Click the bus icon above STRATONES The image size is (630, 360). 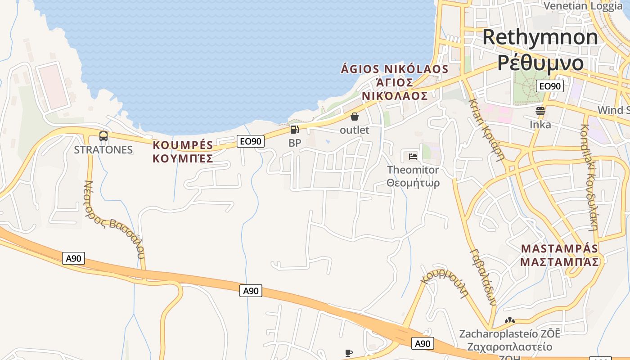pos(103,136)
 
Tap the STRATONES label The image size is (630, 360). pos(103,150)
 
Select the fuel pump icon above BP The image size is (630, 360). pos(294,130)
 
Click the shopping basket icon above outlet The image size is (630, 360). pos(355,117)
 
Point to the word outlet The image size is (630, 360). pos(355,130)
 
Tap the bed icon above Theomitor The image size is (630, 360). pos(413,157)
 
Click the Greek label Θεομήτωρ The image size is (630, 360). pos(413,183)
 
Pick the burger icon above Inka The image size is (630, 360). pos(540,111)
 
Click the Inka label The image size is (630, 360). pos(540,124)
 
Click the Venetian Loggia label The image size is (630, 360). pos(583,6)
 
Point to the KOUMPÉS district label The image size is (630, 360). pos(183,145)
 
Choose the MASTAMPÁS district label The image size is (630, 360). pos(560,249)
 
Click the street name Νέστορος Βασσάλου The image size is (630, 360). pos(114,219)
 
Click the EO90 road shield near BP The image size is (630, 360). pos(251,141)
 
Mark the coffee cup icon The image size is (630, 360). pos(348,353)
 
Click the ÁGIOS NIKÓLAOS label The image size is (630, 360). pos(395,69)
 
